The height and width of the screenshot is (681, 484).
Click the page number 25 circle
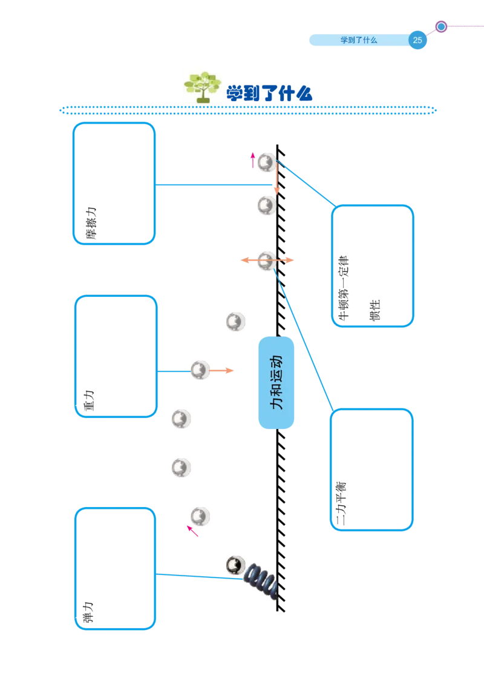coord(417,41)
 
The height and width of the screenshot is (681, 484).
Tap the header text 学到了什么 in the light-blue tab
coord(359,41)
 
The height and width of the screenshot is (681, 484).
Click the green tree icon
coord(201,84)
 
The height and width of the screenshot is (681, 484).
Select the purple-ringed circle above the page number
coord(441,27)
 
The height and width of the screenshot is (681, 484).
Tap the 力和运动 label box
coord(276,382)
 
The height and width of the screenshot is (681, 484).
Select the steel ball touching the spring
coord(235,565)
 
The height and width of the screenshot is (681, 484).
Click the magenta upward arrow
coord(253,159)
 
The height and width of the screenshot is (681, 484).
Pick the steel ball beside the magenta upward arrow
coord(266,162)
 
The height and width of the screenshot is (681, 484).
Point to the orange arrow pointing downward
coord(276,182)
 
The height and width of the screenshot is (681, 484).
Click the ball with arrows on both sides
coord(267,261)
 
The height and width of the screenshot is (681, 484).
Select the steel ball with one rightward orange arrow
coord(200,370)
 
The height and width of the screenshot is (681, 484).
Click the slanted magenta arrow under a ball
coord(191,530)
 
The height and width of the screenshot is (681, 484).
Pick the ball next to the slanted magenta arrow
coord(200,516)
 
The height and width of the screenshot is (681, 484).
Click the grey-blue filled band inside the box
coord(373,233)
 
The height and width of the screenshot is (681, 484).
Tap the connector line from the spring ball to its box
coord(194,576)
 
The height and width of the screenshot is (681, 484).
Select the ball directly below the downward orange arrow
coord(266,206)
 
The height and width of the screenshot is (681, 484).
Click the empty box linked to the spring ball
coord(115,570)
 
